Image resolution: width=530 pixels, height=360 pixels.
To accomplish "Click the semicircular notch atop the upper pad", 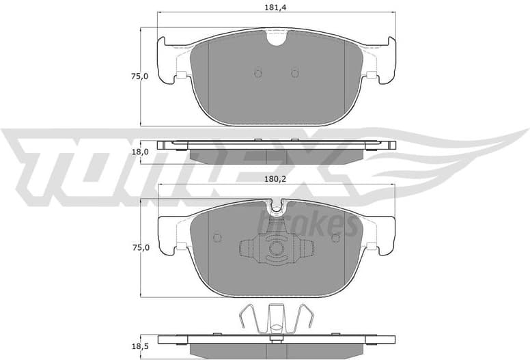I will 276,38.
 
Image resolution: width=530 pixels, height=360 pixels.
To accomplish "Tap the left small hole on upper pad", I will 257,73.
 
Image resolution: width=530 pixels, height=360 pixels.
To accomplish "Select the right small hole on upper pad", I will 295,73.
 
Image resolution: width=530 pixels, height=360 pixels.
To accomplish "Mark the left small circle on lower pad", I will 218,238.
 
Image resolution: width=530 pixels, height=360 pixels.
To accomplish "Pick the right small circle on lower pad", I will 335,238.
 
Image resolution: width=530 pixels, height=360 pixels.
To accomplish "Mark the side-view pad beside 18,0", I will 276,152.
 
